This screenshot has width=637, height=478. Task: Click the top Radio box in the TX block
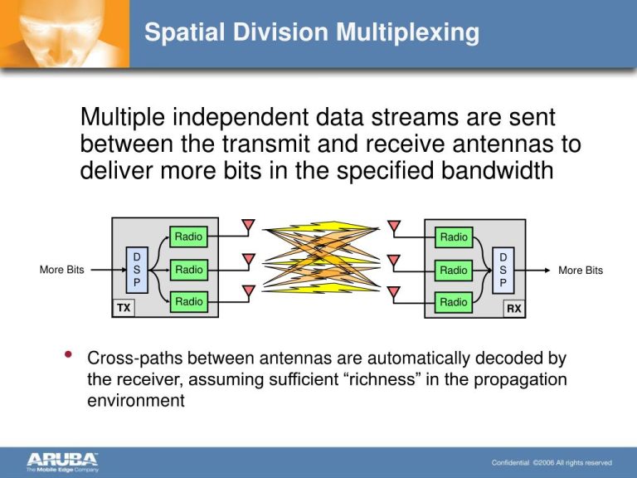click(188, 237)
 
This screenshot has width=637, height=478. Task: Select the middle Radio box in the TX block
click(188, 270)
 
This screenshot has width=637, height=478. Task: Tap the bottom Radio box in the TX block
click(188, 302)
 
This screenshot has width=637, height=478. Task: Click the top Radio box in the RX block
click(454, 237)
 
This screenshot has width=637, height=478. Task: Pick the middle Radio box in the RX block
click(454, 270)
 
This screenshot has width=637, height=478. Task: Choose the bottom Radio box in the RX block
click(454, 302)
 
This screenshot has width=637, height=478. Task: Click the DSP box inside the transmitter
click(137, 270)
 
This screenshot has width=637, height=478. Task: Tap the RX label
click(514, 308)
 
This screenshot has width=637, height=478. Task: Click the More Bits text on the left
click(62, 271)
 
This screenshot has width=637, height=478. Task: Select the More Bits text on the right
click(581, 271)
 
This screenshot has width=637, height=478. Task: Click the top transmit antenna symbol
click(247, 227)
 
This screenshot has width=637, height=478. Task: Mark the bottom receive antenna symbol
click(394, 292)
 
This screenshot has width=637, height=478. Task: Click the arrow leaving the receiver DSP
click(535, 270)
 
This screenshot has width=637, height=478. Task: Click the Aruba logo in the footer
click(63, 461)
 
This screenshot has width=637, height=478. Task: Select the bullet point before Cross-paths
click(67, 358)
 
